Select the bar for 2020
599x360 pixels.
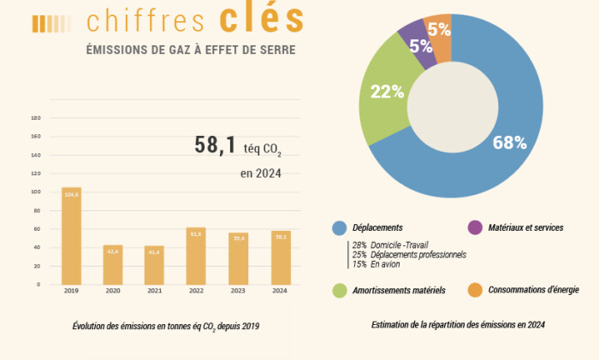coord(113,264)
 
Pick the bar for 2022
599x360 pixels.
coord(196,256)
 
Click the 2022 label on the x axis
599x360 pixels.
coord(196,291)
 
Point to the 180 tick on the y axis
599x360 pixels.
coord(36,117)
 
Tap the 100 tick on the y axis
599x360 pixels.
coord(36,192)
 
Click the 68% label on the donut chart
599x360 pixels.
coord(509,143)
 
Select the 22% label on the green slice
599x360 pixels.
coord(387,92)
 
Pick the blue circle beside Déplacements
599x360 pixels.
coord(340,227)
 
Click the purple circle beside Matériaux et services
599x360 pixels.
coord(475,227)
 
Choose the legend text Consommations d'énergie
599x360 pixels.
coord(533,290)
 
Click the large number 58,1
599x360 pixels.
coord(215,145)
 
